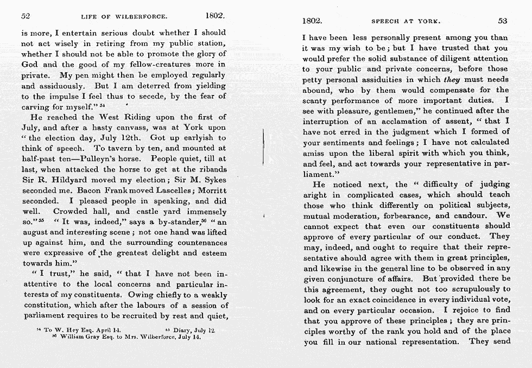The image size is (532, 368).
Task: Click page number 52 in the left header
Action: (x=25, y=17)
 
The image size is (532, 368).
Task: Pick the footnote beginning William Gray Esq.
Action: (x=127, y=337)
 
